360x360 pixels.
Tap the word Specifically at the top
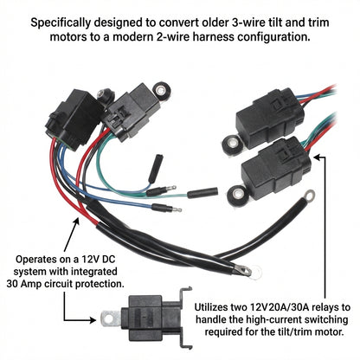pyautogui.click(x=61, y=23)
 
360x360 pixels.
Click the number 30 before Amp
pyautogui.click(x=12, y=284)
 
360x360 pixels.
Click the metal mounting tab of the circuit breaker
pyautogui.click(x=111, y=318)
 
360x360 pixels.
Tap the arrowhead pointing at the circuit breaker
pyautogui.click(x=93, y=319)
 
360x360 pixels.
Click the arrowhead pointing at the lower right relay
pyautogui.click(x=318, y=157)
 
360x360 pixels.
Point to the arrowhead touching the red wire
pyautogui.click(x=76, y=222)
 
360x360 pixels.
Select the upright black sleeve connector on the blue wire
pyautogui.click(x=156, y=169)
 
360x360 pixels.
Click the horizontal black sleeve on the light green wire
pyautogui.click(x=202, y=193)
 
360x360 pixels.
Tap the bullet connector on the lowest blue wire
pyautogui.click(x=166, y=208)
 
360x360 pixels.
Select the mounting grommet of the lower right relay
pyautogui.click(x=237, y=194)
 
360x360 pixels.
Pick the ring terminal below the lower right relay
pyautogui.click(x=309, y=196)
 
